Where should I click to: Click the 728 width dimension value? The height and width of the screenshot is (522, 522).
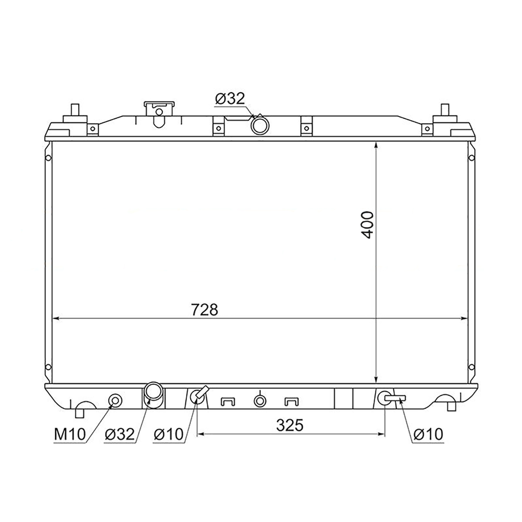pyautogui.click(x=204, y=310)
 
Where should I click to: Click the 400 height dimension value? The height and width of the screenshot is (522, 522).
pyautogui.click(x=367, y=225)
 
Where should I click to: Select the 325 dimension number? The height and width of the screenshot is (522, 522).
pyautogui.click(x=290, y=425)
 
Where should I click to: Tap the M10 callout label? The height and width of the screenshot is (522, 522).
pyautogui.click(x=70, y=434)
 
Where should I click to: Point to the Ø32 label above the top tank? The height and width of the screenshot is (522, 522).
pyautogui.click(x=230, y=99)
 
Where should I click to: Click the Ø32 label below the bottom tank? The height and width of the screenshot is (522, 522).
pyautogui.click(x=120, y=434)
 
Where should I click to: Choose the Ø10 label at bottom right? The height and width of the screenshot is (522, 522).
pyautogui.click(x=428, y=434)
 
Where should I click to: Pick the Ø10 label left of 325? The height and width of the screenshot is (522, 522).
pyautogui.click(x=168, y=434)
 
